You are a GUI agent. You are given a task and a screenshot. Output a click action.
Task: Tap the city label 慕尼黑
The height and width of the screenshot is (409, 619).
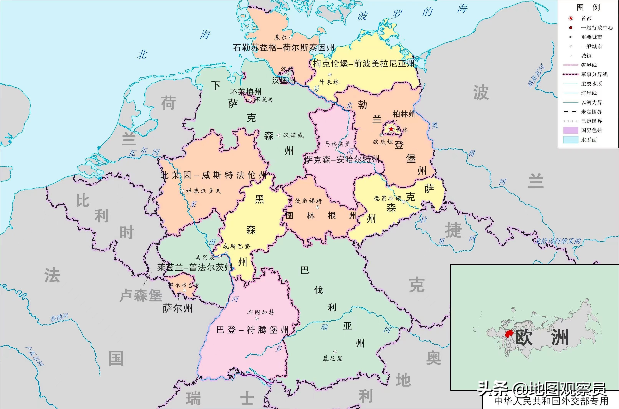tap(332, 359)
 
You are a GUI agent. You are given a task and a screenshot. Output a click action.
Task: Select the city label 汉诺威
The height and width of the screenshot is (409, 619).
tap(293, 135)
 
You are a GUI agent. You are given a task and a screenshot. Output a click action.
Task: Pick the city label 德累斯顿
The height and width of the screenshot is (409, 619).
tap(387, 198)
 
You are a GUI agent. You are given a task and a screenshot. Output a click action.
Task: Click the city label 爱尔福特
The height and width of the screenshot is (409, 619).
tap(308, 201)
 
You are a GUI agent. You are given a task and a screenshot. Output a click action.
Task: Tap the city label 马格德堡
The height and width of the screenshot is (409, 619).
tap(337, 144)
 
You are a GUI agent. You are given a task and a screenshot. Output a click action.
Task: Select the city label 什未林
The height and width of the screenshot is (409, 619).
tap(329, 82)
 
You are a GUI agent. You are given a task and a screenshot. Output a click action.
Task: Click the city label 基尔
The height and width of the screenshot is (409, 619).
tap(281, 38)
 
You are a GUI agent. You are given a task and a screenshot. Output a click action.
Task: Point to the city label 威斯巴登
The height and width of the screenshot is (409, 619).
tap(236, 246)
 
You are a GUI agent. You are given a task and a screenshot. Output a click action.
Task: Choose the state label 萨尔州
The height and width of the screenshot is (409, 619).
tap(178, 309)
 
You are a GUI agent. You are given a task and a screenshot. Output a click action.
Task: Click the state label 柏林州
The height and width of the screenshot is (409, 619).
tap(404, 114)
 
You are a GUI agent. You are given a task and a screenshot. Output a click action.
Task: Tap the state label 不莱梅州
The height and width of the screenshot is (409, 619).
tap(245, 92)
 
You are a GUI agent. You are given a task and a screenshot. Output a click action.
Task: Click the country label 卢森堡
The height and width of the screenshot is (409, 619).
tap(141, 295)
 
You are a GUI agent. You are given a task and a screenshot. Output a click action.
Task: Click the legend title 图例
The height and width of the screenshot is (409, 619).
tap(588, 7)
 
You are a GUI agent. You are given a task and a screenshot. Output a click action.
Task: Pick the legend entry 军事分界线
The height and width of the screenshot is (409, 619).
tap(594, 74)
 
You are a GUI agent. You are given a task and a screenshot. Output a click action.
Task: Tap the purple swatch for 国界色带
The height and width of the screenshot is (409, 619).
tap(570, 130)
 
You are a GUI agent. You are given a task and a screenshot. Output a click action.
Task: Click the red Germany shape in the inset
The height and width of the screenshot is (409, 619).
tap(509, 334)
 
